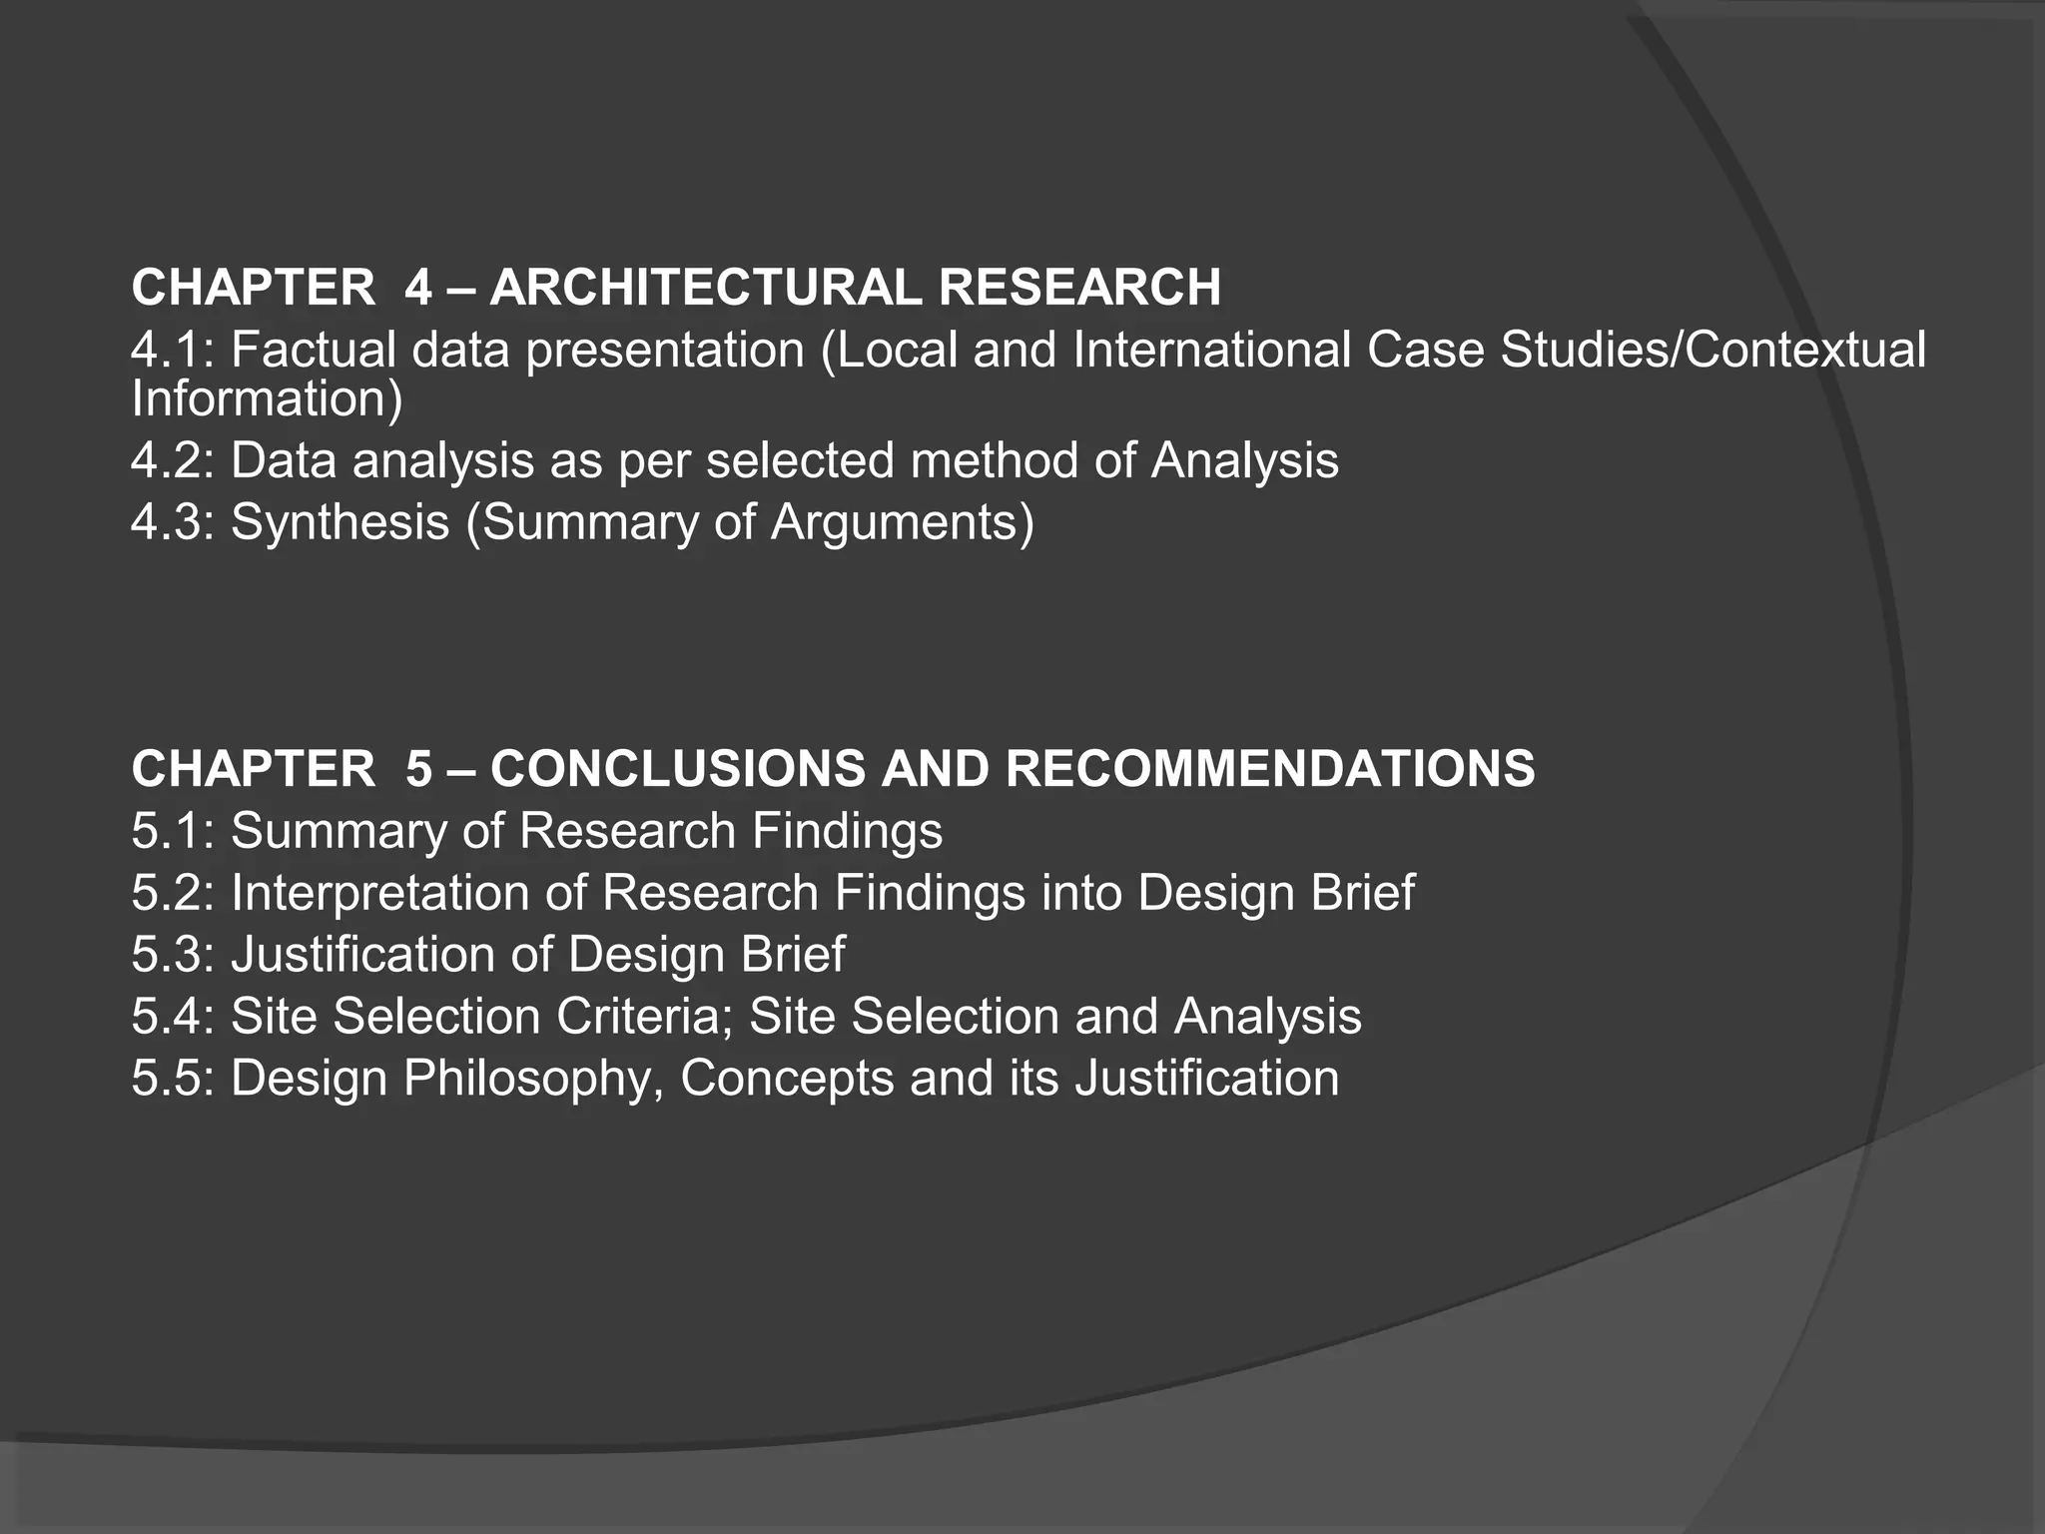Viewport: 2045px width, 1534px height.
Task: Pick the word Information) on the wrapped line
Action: (x=267, y=398)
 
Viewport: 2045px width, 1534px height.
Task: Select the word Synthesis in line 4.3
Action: (x=340, y=522)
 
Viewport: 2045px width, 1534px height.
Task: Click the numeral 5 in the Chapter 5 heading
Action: (x=419, y=769)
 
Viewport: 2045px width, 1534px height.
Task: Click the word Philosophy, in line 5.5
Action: (x=533, y=1079)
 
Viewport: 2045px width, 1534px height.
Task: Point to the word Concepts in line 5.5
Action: (x=787, y=1079)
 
